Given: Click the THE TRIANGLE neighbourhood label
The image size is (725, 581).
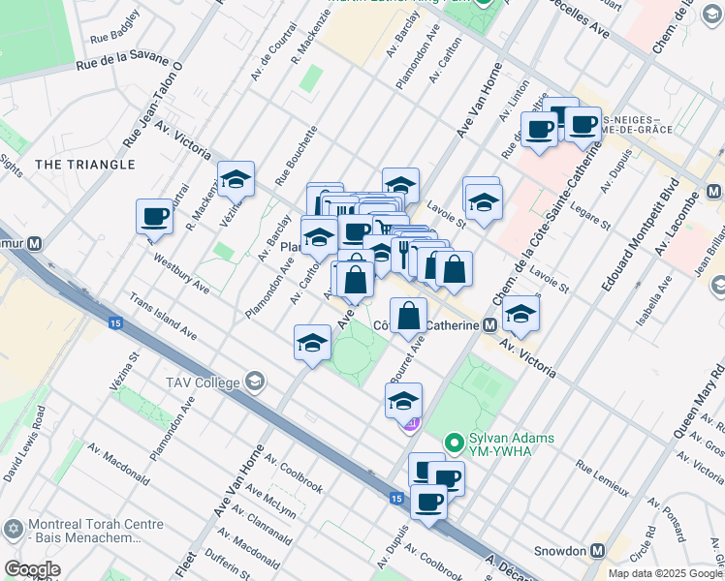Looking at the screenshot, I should [85, 165].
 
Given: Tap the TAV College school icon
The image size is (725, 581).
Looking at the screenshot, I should [255, 382].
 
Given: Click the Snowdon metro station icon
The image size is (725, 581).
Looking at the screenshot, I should [598, 550].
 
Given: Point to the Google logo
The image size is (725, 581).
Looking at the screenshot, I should [32, 569].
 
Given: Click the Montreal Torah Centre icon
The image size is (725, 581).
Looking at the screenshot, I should [13, 529].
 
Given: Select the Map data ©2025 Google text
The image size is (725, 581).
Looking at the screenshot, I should [665, 573].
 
